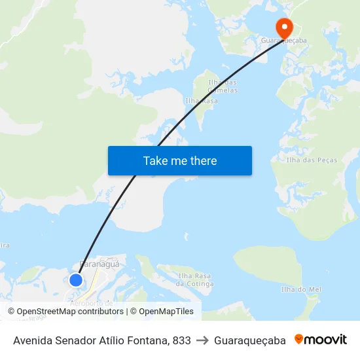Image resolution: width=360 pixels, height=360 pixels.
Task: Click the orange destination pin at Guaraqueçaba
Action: [x=284, y=27]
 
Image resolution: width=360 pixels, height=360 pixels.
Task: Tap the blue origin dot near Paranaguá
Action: [x=76, y=280]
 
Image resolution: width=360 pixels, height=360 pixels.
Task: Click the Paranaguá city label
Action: [x=98, y=264]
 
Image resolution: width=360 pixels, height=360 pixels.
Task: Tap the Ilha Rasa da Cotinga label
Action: [x=195, y=280]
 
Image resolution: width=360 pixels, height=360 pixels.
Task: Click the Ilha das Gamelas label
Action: [x=222, y=86]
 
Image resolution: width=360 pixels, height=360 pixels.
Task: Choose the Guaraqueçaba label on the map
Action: [x=284, y=41]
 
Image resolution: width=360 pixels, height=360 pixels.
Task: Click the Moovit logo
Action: [x=321, y=340]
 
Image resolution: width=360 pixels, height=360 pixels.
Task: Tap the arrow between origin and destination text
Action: [x=202, y=340]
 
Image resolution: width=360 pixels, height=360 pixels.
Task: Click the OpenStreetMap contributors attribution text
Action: [x=70, y=312]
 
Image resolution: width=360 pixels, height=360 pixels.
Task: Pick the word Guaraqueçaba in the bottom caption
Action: [x=250, y=340]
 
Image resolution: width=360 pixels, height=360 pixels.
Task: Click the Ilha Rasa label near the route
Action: [x=202, y=101]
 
